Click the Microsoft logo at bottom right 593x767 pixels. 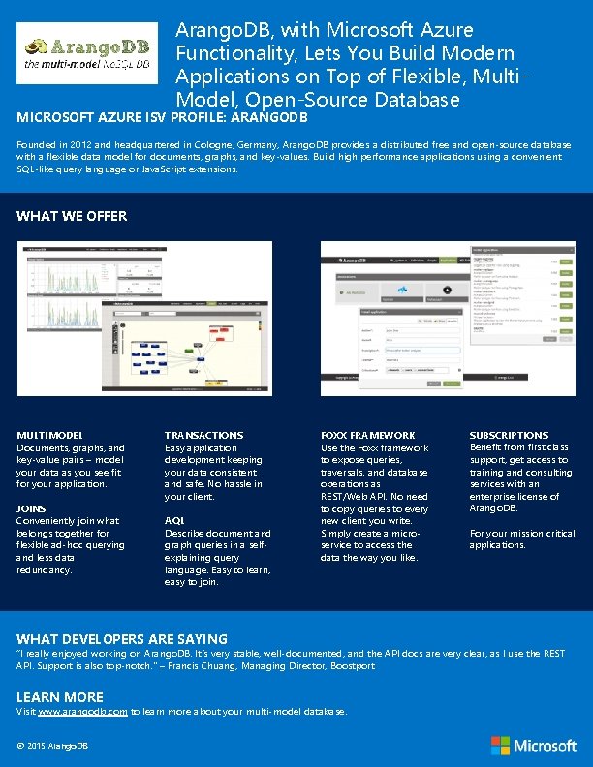pos(534,745)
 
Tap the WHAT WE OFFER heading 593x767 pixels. pos(72,216)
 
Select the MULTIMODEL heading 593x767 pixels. pos(50,436)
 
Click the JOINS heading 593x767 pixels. pos(32,508)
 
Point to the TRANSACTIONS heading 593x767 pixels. pos(203,436)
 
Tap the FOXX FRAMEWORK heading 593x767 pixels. pos(367,436)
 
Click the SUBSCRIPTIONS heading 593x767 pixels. pos(509,436)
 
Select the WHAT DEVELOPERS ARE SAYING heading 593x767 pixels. pos(122,639)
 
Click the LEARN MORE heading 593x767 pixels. pos(60,697)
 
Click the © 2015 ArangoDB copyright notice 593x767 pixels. pos(52,745)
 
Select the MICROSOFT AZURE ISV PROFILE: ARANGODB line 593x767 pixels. pos(162,117)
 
